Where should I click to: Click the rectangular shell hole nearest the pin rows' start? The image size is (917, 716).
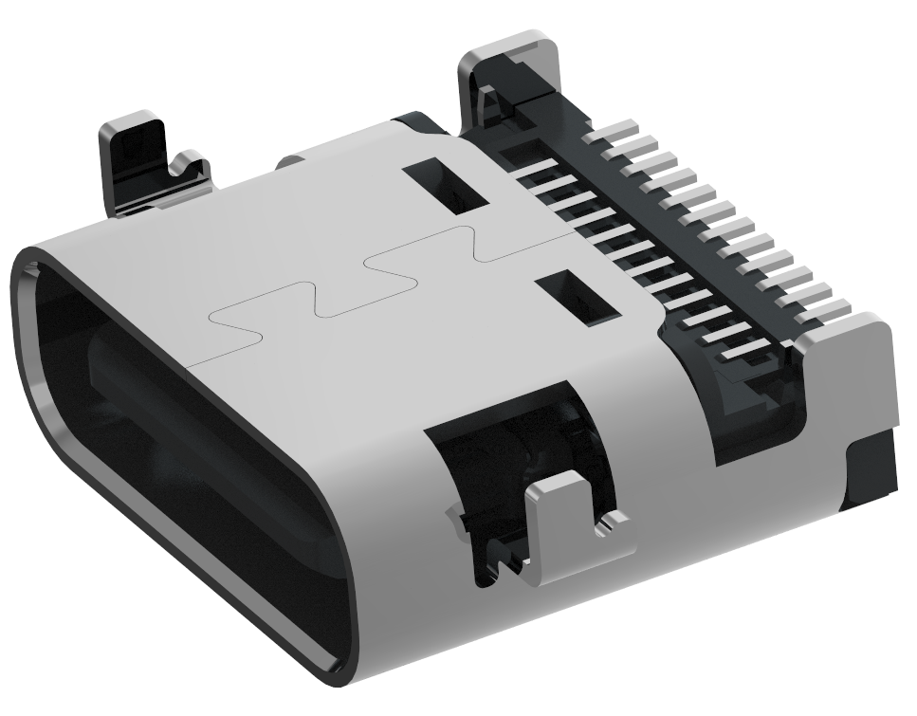pyautogui.click(x=446, y=186)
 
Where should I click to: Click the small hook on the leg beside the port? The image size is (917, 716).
pyautogui.click(x=189, y=165)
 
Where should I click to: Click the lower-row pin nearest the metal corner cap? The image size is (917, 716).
pyautogui.click(x=749, y=354)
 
